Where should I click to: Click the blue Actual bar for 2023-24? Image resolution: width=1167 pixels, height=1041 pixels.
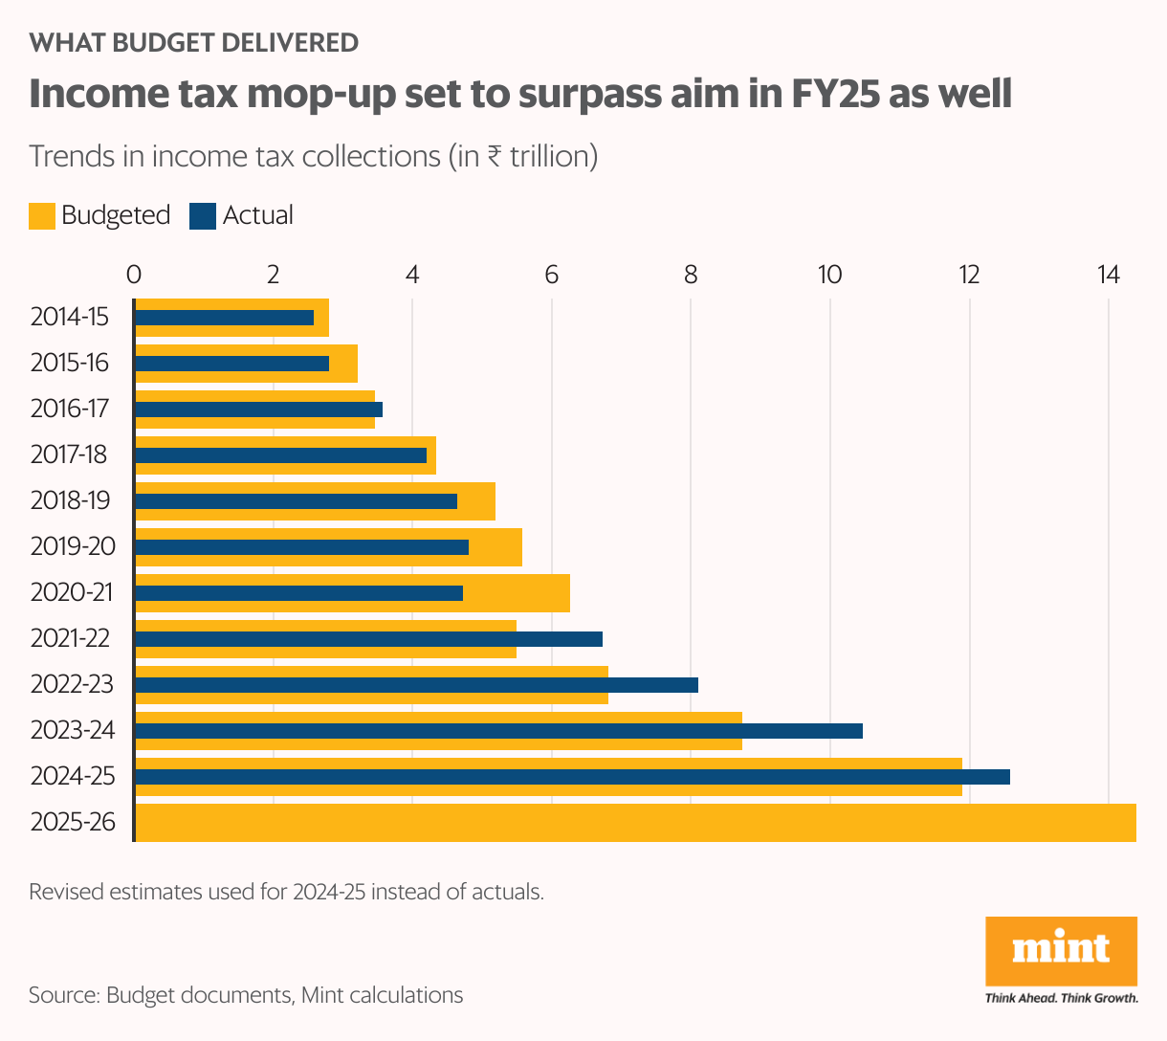pos(497,731)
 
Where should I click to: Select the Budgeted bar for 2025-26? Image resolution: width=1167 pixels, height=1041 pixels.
pos(635,823)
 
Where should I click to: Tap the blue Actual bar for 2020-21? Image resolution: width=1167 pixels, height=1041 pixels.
pos(298,593)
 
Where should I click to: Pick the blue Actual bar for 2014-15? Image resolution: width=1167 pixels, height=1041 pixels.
pos(224,318)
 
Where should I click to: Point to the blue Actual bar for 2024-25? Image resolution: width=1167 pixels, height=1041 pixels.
pos(572,777)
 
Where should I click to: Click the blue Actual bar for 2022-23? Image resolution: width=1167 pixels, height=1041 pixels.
pos(416,685)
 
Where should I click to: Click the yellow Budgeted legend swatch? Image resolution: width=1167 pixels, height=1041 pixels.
pos(42,215)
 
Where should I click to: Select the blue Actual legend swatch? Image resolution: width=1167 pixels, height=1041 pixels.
pos(203,215)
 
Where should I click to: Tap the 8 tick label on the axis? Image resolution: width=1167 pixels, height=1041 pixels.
pos(691,275)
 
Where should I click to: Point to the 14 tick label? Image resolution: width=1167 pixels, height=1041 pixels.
pos(1108,275)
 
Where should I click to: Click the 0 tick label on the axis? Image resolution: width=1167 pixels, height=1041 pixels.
pos(134,275)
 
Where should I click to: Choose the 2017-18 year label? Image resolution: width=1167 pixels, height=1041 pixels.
pos(69,454)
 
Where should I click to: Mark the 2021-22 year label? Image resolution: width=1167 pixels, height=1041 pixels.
pos(70,638)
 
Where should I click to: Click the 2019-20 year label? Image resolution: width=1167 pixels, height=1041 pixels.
pos(72,546)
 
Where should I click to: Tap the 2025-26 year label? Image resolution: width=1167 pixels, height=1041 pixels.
pos(73,822)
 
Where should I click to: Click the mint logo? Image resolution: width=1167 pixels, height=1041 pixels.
pos(1061,951)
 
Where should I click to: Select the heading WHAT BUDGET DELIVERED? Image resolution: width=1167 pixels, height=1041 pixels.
pos(194,42)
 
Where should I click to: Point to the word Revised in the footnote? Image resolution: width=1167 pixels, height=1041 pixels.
pos(67,892)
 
